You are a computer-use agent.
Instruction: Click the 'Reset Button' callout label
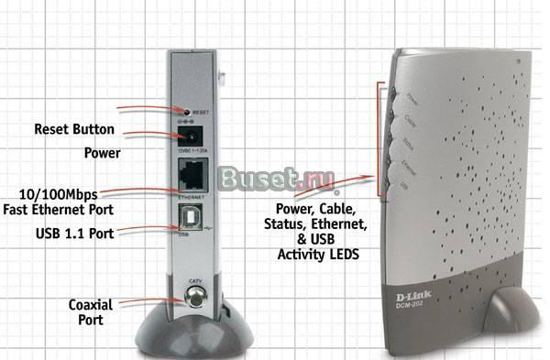(x=74, y=129)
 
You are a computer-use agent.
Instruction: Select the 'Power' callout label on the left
(x=102, y=153)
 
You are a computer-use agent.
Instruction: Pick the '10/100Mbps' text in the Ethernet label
(x=59, y=194)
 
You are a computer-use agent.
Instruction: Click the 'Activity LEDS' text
(x=317, y=252)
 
